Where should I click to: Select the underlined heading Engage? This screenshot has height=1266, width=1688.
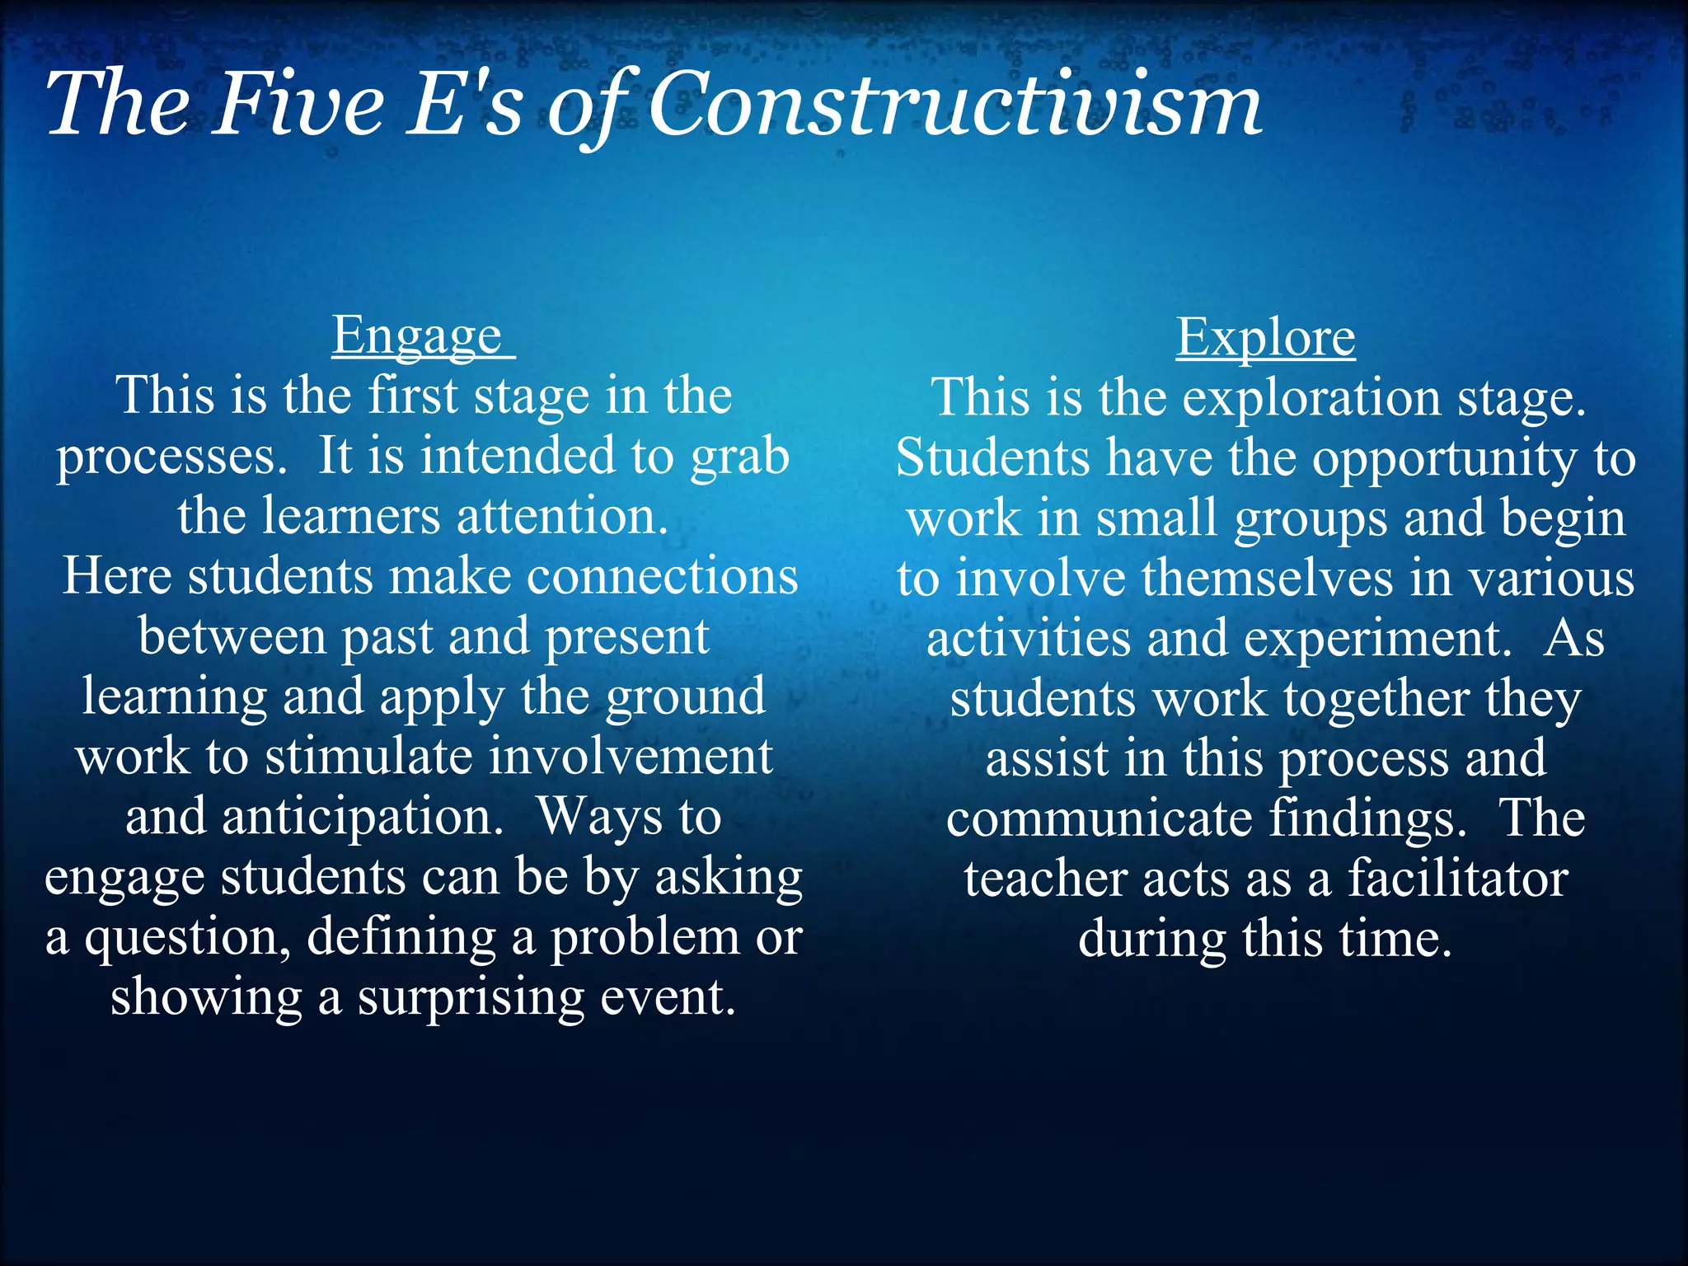pos(418,336)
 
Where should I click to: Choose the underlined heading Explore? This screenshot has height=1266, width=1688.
pos(1265,338)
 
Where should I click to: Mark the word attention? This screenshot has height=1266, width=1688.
pos(562,517)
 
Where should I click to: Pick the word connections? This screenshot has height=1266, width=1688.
pos(663,576)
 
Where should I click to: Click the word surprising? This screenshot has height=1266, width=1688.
pos(471,997)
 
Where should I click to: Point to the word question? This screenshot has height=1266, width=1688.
pos(187,938)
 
